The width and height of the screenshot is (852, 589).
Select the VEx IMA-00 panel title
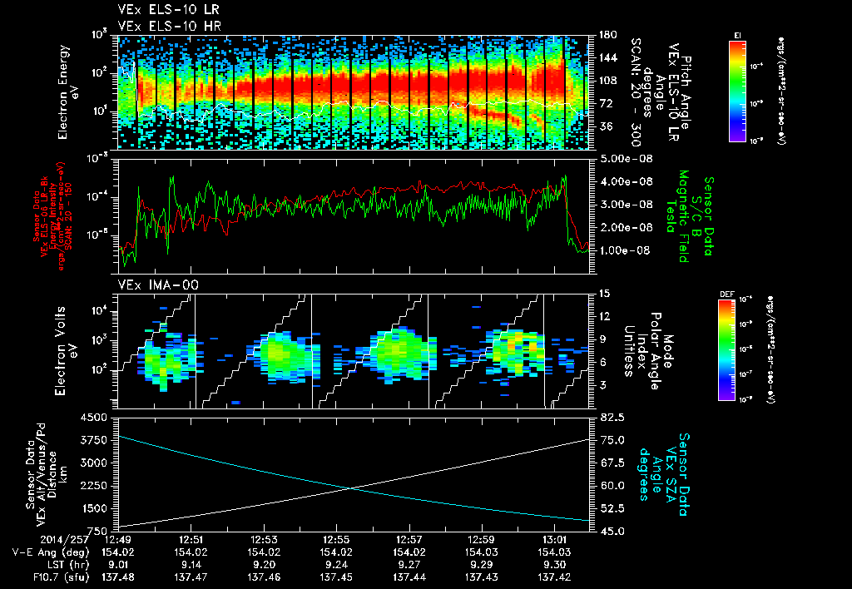[150, 285]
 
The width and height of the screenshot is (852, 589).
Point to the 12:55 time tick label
[335, 540]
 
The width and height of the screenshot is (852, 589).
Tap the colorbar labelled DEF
[736, 349]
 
